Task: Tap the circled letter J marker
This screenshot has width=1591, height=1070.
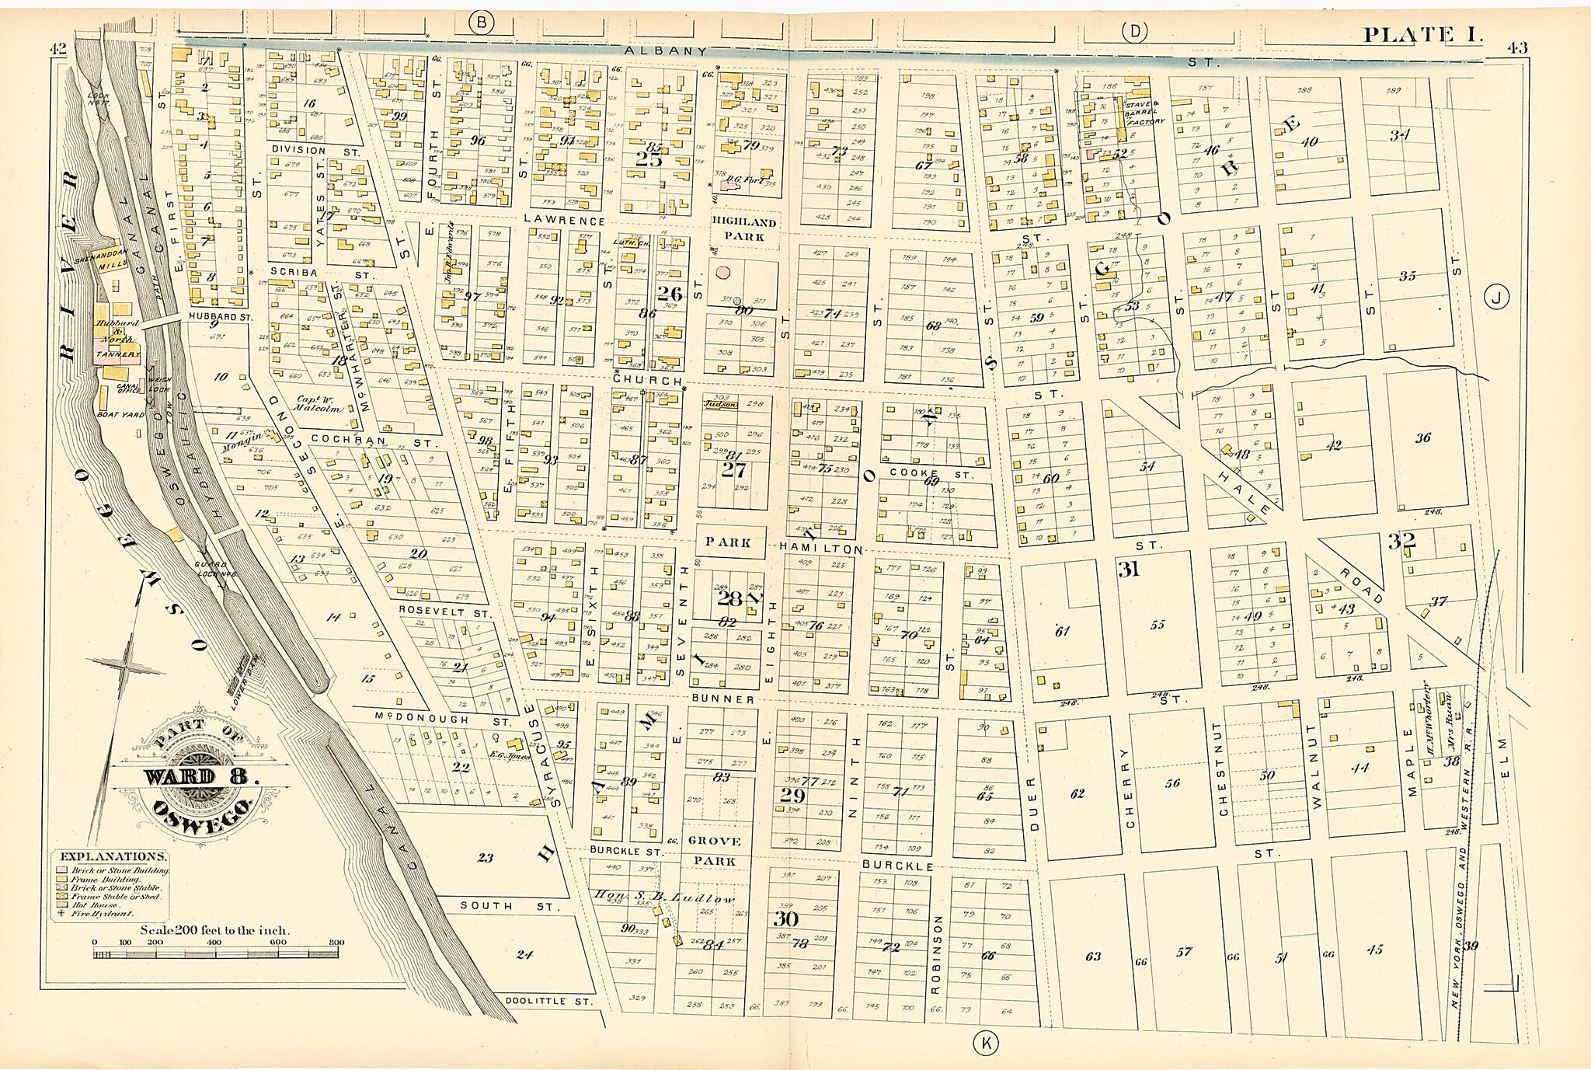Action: (1497, 297)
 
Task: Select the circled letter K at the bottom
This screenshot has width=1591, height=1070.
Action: (987, 1043)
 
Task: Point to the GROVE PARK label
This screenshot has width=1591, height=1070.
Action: (714, 851)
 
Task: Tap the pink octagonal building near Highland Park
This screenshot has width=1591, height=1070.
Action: (724, 274)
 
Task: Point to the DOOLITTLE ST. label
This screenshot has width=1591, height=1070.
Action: (548, 1001)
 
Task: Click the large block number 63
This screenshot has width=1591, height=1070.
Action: (1093, 956)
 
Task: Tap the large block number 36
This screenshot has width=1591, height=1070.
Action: (1422, 437)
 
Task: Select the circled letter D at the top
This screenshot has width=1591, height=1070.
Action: (1135, 31)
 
